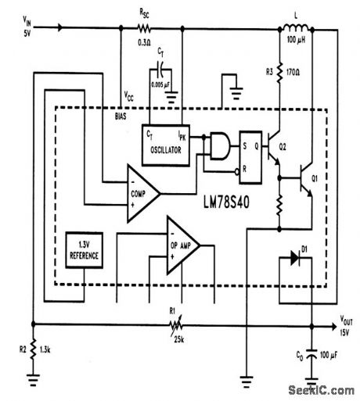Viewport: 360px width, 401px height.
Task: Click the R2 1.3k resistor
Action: click(33, 348)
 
